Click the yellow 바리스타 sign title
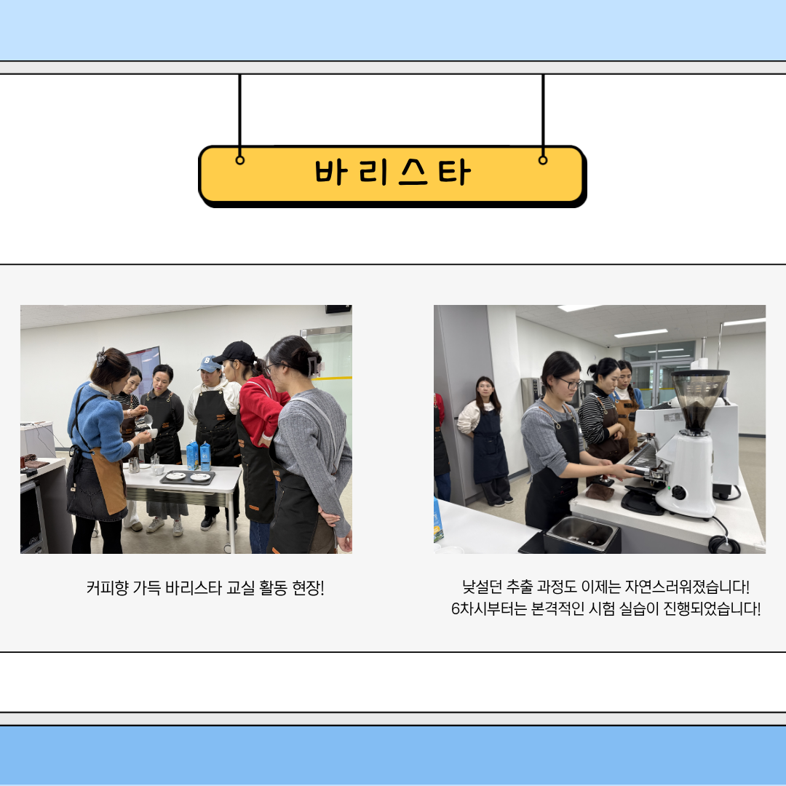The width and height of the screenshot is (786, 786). pos(392,172)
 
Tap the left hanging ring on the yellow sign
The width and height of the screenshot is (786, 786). pos(240,160)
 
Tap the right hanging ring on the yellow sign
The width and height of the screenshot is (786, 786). pos(543,160)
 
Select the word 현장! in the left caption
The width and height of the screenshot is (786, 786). pos(309,587)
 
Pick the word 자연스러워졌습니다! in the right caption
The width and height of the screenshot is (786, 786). pos(687,586)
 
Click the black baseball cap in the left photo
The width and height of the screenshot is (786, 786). pos(234,352)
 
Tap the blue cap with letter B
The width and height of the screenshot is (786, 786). pos(209,363)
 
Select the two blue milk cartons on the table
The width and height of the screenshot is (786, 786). pos(199,456)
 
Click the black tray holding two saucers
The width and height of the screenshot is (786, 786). pos(188,477)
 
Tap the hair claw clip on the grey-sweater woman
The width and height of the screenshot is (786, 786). pos(314,365)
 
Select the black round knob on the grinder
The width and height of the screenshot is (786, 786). pos(678,493)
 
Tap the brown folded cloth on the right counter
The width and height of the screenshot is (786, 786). pos(600,492)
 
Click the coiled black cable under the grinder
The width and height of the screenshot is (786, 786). pos(724,544)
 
